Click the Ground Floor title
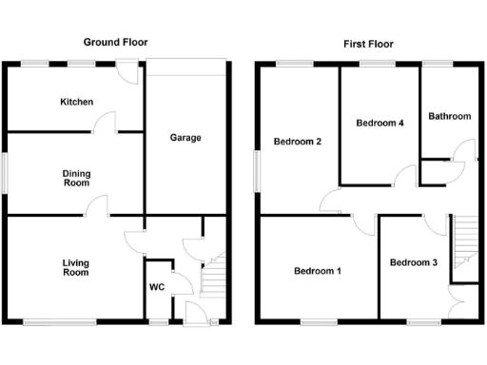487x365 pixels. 116,42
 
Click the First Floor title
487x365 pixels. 368,44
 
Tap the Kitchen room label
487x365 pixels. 76,102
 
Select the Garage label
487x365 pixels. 185,138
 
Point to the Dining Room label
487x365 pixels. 76,179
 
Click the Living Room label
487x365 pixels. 76,267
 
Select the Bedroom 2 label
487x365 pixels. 297,143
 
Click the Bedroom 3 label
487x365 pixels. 414,262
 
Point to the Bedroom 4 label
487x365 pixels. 380,123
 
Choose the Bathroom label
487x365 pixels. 449,116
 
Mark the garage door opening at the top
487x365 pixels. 185,64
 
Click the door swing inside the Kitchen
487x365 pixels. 107,122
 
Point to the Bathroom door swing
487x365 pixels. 462,150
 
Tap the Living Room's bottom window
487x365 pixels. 59,323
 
